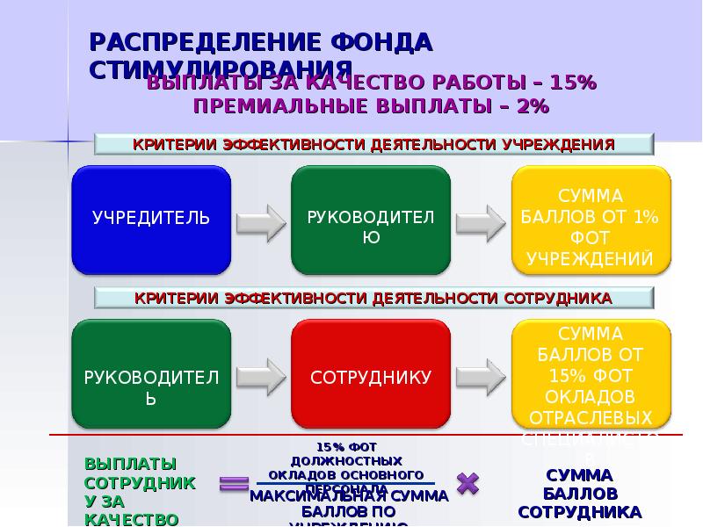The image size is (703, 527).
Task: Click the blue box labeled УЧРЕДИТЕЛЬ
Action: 151,219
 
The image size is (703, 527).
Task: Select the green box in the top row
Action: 371,219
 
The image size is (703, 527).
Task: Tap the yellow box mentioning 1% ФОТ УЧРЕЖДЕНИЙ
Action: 591,219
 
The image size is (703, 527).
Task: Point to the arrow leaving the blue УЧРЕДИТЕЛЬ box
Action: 261,220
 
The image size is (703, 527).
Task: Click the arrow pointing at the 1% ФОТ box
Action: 481,220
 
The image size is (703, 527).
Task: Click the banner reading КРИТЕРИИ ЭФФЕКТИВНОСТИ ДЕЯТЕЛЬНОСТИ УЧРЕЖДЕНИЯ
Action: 373,144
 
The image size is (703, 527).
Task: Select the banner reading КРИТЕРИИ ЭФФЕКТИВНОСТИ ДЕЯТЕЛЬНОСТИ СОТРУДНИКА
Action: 373,299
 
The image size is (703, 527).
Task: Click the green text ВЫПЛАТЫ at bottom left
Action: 130,463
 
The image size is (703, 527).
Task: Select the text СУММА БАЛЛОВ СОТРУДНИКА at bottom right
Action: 579,494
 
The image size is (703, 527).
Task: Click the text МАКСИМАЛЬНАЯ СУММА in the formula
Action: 349,496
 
